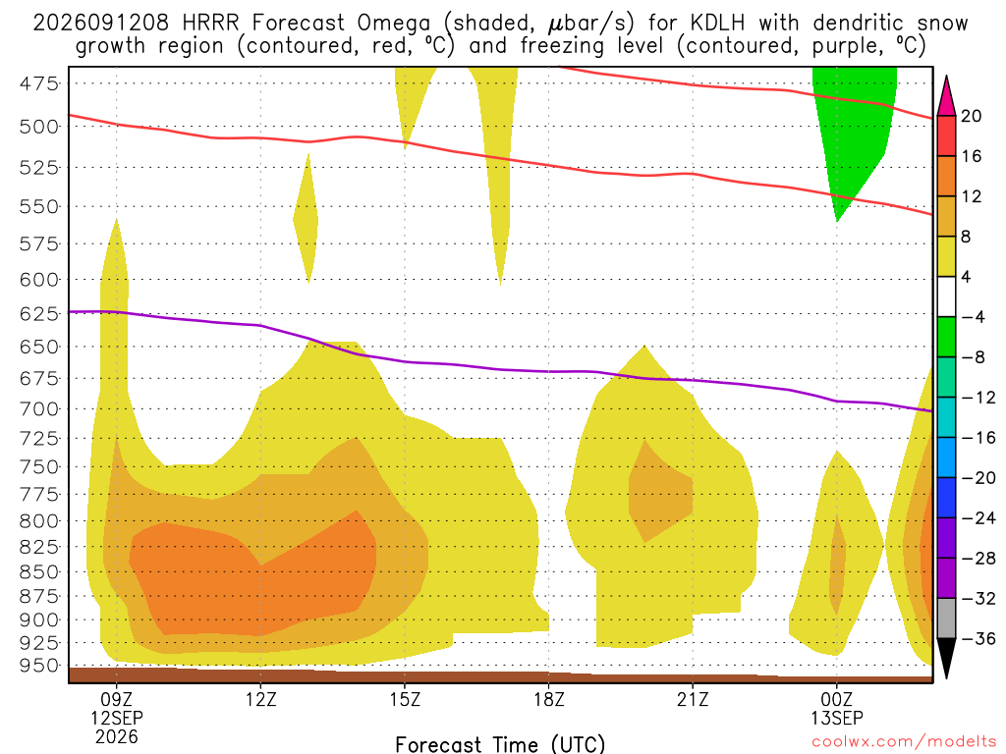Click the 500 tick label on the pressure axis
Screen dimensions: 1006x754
pos(38,127)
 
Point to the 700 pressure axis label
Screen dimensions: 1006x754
pos(38,408)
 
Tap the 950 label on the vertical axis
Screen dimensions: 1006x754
pos(38,666)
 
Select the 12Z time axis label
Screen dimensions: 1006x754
pos(260,699)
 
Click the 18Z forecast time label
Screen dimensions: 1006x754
pos(548,699)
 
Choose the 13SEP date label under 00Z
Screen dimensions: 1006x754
pos(837,718)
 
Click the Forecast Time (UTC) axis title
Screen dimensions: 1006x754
pos(500,744)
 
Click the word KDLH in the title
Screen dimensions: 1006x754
pos(717,23)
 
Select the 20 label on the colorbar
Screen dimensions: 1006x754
pos(971,116)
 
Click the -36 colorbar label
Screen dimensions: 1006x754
pos(978,638)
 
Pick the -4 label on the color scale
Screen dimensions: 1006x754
pos(973,317)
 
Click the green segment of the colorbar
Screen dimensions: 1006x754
pos(946,337)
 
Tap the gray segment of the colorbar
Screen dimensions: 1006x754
pos(946,619)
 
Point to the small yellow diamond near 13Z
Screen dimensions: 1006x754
pos(307,218)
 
